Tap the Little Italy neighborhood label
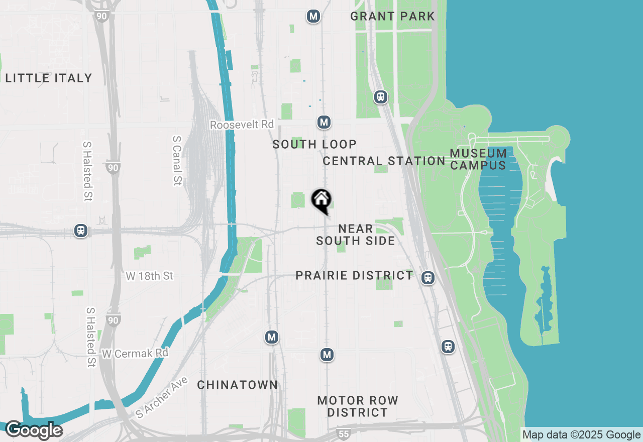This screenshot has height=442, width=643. pos(49,78)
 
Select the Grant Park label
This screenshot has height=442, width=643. pos(392,16)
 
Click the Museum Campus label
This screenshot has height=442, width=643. pos(478,159)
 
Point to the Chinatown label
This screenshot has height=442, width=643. pos(237,385)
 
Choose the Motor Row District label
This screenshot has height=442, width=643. pos(358,406)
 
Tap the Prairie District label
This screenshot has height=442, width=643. pos(354,275)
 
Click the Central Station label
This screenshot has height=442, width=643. pos(384,161)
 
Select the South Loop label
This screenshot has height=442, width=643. pos(314,144)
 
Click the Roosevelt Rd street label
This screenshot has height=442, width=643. pos(242,125)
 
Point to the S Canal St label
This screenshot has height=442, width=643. pos(176,160)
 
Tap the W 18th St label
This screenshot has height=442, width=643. pos(150,276)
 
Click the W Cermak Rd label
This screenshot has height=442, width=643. pos(135,354)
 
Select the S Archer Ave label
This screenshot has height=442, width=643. pos(162,398)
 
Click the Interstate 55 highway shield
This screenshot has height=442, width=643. pos(343,433)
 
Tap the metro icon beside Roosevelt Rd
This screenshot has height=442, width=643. pos(324,122)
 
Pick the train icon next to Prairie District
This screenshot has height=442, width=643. pos(428,277)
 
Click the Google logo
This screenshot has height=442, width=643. pos(34,430)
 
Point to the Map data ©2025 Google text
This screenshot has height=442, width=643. pos(581,435)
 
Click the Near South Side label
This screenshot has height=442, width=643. pos(356,235)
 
